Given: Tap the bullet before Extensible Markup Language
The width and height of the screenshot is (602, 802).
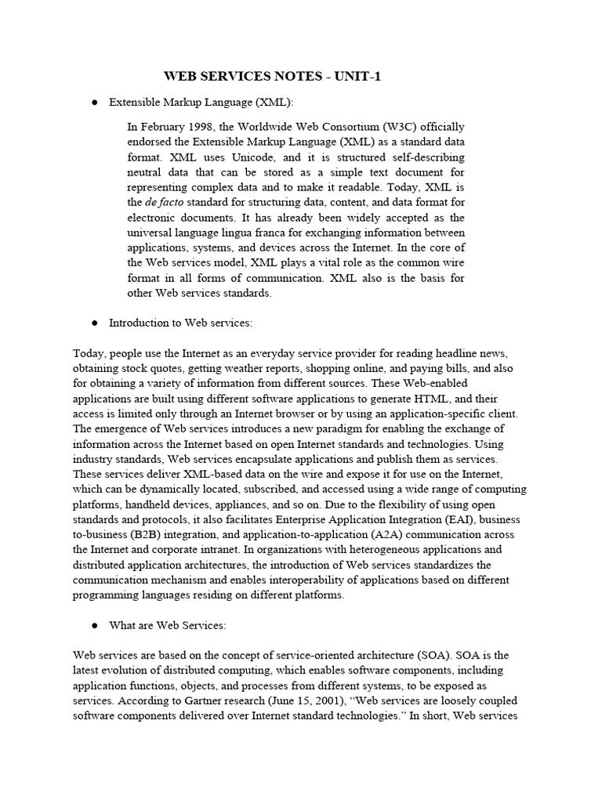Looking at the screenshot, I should [94, 103].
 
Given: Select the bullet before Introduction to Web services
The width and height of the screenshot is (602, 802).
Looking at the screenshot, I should [94, 323].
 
